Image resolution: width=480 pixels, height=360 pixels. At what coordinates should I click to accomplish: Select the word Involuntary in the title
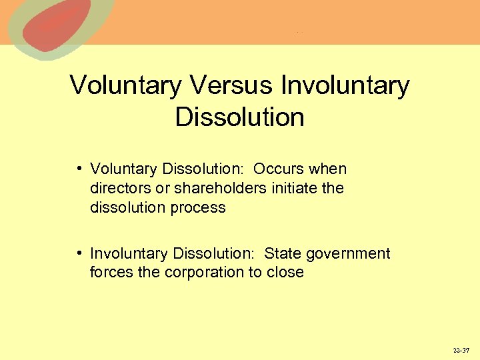(x=345, y=86)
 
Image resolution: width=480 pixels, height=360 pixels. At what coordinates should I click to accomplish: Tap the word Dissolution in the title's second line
(x=239, y=117)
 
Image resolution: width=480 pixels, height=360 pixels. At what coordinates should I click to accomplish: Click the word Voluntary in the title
(x=125, y=86)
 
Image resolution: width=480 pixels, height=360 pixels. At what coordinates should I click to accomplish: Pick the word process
(x=198, y=208)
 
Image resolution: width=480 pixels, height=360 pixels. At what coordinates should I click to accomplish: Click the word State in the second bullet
(x=281, y=254)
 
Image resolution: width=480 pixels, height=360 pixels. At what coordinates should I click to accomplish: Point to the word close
(x=285, y=273)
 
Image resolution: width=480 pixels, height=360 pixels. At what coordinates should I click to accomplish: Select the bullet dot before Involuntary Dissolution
(x=79, y=253)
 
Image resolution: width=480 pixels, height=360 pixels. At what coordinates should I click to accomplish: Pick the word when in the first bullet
(x=329, y=169)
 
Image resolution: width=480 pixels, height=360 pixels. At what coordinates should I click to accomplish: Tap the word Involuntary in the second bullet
(x=129, y=254)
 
